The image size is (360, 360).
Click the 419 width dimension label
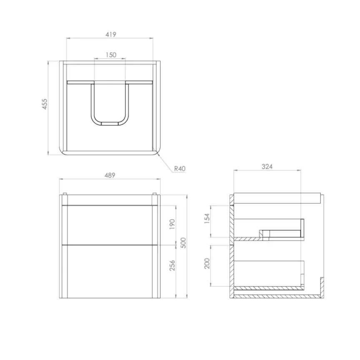click(x=110, y=35)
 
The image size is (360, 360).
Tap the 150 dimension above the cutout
click(x=110, y=55)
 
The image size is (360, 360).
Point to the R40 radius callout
click(x=179, y=169)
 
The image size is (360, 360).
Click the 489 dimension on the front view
click(x=110, y=175)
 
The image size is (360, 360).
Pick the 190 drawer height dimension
click(x=172, y=224)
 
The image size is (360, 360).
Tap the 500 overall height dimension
click(x=183, y=242)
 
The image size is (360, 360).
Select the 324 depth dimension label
click(x=267, y=166)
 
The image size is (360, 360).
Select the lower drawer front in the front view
click(x=110, y=271)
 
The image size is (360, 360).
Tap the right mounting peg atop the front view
click(x=155, y=193)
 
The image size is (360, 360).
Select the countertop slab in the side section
click(x=277, y=198)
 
